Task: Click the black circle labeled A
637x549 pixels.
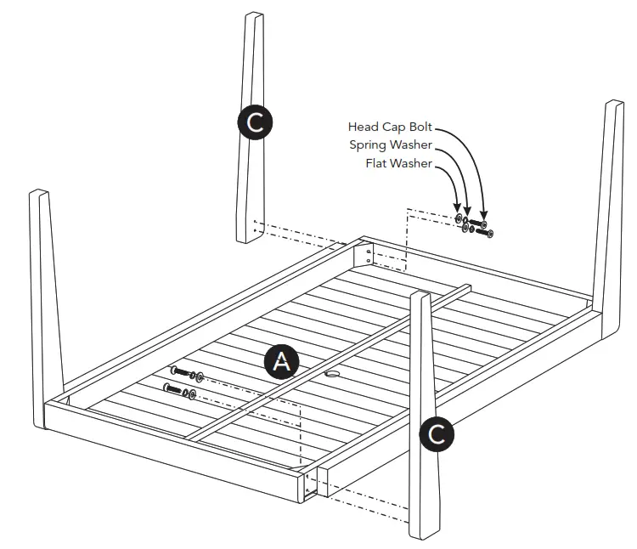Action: (x=281, y=361)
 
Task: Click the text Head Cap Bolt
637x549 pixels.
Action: (x=390, y=127)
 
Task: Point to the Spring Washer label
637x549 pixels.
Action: (x=390, y=145)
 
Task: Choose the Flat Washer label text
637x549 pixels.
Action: (x=398, y=163)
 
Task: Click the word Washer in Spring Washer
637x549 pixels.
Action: (x=410, y=145)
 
